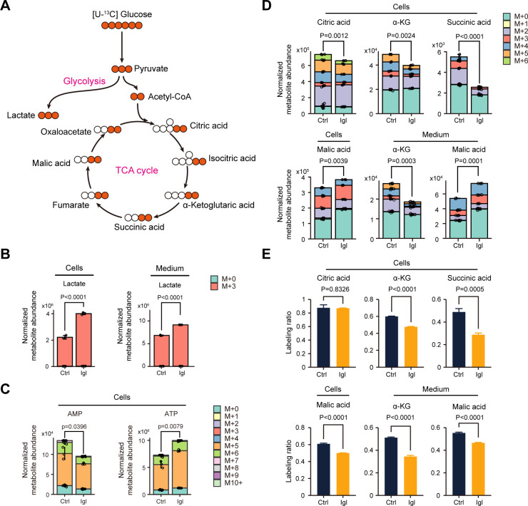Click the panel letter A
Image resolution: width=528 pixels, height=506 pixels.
6,6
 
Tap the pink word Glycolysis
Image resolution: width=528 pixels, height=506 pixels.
84,81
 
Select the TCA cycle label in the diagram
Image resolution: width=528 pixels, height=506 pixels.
137,170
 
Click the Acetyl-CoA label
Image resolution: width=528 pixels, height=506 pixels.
170,97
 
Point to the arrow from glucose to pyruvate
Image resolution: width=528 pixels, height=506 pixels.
122,47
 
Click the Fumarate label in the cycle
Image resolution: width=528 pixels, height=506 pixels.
71,205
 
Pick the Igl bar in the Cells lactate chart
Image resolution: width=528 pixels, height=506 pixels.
83,340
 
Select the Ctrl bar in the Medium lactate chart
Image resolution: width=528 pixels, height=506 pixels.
162,351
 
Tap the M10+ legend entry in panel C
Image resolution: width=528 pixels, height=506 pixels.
228,482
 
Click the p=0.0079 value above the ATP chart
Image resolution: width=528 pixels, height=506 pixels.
171,426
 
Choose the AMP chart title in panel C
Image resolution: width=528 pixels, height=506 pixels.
75,413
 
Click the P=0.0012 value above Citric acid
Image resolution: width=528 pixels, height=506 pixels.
334,36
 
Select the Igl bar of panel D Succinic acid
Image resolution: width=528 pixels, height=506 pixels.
479,100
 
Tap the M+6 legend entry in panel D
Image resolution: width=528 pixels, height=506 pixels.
515,61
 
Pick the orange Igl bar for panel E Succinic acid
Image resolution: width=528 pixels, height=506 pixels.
479,351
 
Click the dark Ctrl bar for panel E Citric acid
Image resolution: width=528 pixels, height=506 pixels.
323,337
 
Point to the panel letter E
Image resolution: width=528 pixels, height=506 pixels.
266,254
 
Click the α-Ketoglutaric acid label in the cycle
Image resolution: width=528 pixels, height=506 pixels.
218,205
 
